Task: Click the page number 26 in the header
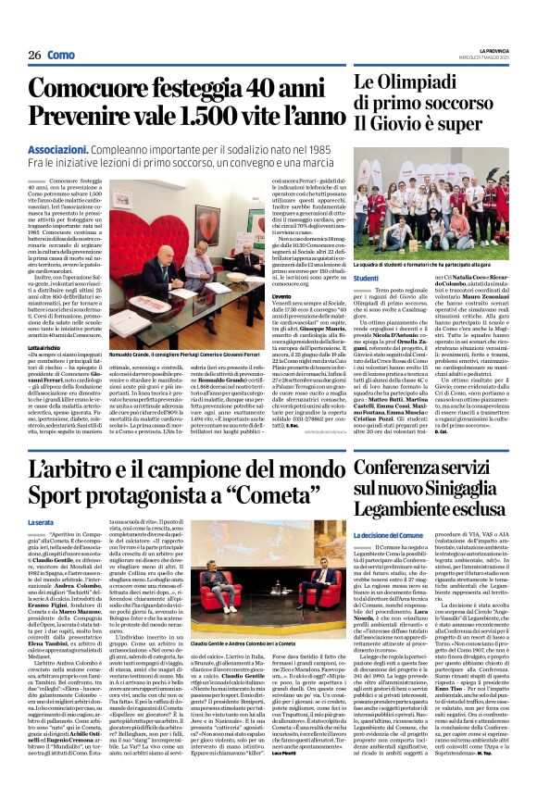[x=33, y=56]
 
